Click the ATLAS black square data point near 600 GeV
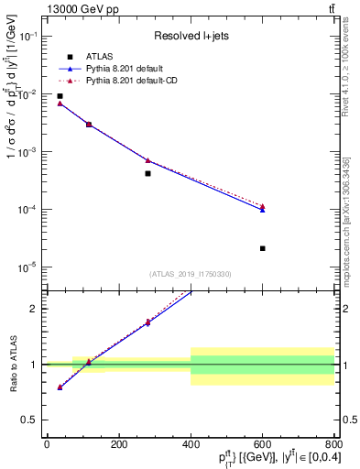point(262,248)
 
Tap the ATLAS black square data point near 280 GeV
point(147,173)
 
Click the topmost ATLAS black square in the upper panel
point(60,96)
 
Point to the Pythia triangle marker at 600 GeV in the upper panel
point(262,208)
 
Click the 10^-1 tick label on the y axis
point(27,37)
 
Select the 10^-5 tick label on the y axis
point(27,267)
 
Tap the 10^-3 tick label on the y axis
point(27,152)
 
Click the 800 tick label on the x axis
point(333,446)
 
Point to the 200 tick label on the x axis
point(118,446)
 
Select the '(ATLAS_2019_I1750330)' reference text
point(190,274)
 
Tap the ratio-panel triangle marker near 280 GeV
point(147,322)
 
